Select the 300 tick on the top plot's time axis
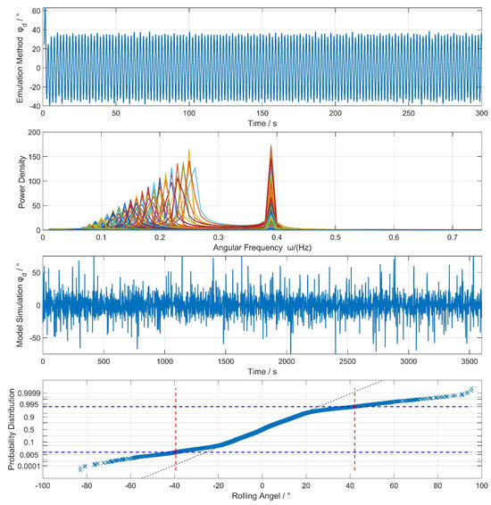480,113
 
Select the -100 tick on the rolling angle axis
42,486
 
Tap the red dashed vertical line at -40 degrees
176,428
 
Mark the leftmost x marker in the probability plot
79,468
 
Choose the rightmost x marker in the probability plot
472,389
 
